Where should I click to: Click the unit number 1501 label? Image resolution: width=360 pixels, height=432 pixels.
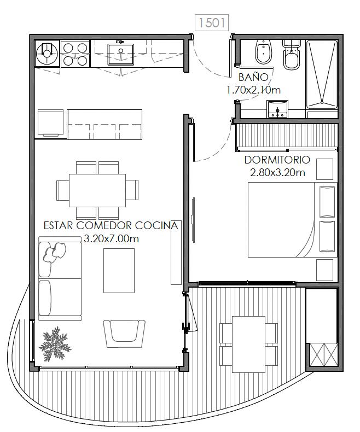212,22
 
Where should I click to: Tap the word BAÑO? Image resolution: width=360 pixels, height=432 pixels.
253,77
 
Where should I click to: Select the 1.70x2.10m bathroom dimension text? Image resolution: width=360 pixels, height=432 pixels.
254,90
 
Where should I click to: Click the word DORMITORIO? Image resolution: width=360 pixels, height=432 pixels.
277,160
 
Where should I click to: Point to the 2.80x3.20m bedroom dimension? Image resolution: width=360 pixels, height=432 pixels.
277,172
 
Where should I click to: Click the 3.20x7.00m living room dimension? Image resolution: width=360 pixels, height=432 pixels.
111,238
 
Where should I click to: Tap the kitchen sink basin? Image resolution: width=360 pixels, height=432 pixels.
120,54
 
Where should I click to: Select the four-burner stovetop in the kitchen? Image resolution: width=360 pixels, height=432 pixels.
76,54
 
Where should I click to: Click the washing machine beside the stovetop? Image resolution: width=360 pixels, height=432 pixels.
48,54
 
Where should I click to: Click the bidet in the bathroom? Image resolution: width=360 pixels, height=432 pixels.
264,52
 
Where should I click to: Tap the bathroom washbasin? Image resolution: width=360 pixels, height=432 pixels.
277,109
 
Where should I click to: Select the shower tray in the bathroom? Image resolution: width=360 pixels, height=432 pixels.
322,74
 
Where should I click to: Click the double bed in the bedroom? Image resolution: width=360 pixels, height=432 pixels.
293,220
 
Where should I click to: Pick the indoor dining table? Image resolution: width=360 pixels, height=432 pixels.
97,190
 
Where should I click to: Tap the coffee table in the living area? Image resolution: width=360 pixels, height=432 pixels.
119,271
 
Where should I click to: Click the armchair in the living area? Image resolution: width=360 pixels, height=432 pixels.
124,334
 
